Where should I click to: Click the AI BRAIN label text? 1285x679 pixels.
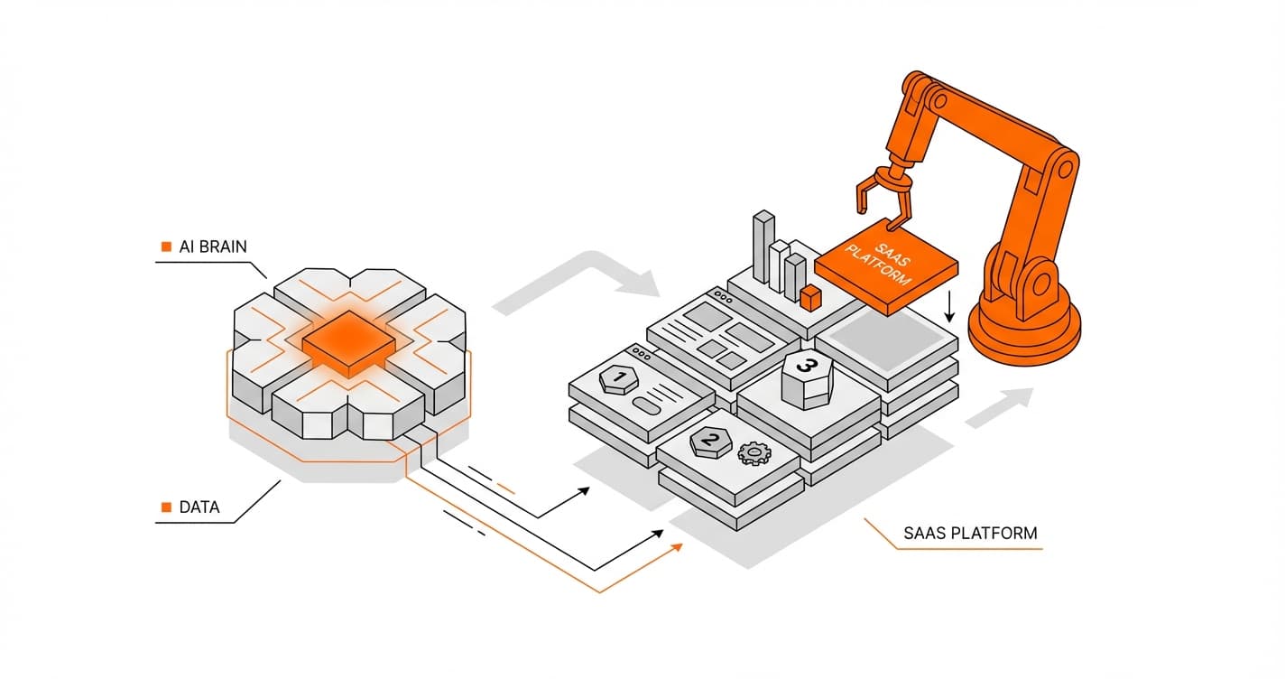[x=213, y=246]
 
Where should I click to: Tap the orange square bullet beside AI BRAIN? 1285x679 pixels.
[x=165, y=246]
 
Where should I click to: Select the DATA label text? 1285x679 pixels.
[x=199, y=507]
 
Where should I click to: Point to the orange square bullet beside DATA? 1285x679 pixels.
[x=165, y=507]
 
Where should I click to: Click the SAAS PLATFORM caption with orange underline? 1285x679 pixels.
[x=970, y=533]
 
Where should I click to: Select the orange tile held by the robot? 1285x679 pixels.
[x=885, y=265]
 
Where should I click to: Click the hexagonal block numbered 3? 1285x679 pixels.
[x=807, y=377]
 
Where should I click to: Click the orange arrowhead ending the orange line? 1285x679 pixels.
[x=676, y=547]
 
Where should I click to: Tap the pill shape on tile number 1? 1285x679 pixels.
[x=652, y=404]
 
